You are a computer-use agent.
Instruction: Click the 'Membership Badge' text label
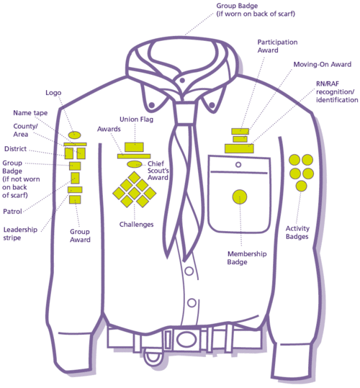pyautogui.click(x=247, y=258)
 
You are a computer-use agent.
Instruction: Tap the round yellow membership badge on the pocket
pyautogui.click(x=240, y=196)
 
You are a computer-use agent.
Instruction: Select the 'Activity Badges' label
pyautogui.click(x=297, y=233)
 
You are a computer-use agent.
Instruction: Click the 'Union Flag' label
pyautogui.click(x=134, y=119)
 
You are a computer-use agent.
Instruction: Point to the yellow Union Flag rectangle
pyautogui.click(x=134, y=148)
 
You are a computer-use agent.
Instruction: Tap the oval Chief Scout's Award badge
pyautogui.click(x=134, y=164)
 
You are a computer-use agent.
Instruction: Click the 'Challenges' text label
pyautogui.click(x=137, y=225)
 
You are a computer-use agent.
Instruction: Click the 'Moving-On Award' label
pyautogui.click(x=317, y=64)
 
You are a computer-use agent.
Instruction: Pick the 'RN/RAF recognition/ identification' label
pyautogui.click(x=336, y=92)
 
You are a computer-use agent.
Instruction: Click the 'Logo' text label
pyautogui.click(x=53, y=93)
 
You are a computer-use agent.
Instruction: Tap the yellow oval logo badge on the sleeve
pyautogui.click(x=74, y=135)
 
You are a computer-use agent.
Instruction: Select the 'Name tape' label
pyautogui.click(x=31, y=113)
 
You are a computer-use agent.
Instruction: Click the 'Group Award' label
pyautogui.click(x=80, y=235)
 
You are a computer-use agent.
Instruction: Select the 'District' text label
pyautogui.click(x=17, y=149)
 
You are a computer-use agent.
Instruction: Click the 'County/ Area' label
pyautogui.click(x=25, y=130)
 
